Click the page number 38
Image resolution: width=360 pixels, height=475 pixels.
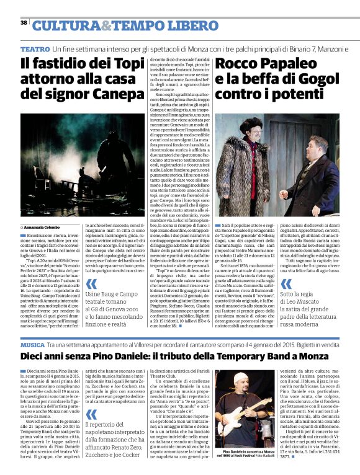pos(24,23)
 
